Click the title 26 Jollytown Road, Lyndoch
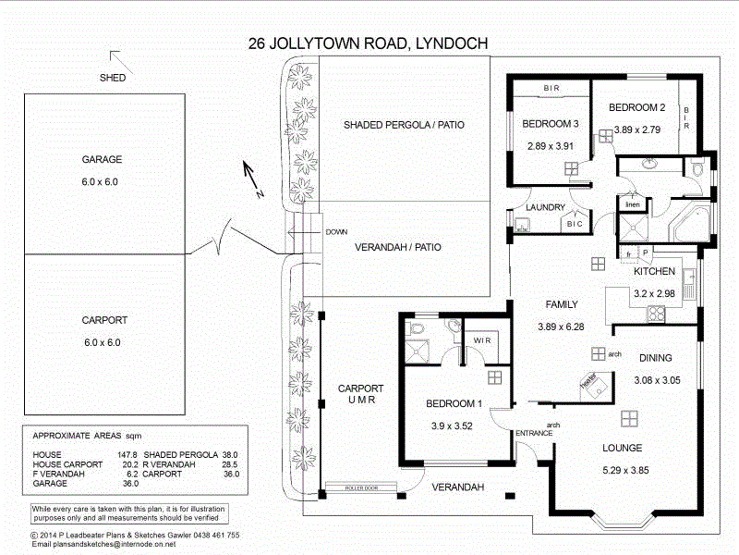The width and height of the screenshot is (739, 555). (x=369, y=43)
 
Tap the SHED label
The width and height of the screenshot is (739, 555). (x=112, y=78)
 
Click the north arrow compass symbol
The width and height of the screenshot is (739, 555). (x=251, y=179)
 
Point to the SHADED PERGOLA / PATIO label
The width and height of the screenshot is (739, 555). (x=404, y=125)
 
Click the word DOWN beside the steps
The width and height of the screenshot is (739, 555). (x=336, y=232)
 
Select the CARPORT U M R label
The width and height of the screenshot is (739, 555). (x=360, y=394)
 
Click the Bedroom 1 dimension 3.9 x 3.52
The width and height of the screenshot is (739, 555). (x=453, y=425)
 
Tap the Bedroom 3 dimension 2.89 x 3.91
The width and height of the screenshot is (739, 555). (x=550, y=145)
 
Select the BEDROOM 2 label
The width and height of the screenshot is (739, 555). (x=637, y=108)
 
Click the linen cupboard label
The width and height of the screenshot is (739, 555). (x=633, y=204)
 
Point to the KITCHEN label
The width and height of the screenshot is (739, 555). (x=655, y=272)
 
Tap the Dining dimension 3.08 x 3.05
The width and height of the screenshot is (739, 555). (x=657, y=380)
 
